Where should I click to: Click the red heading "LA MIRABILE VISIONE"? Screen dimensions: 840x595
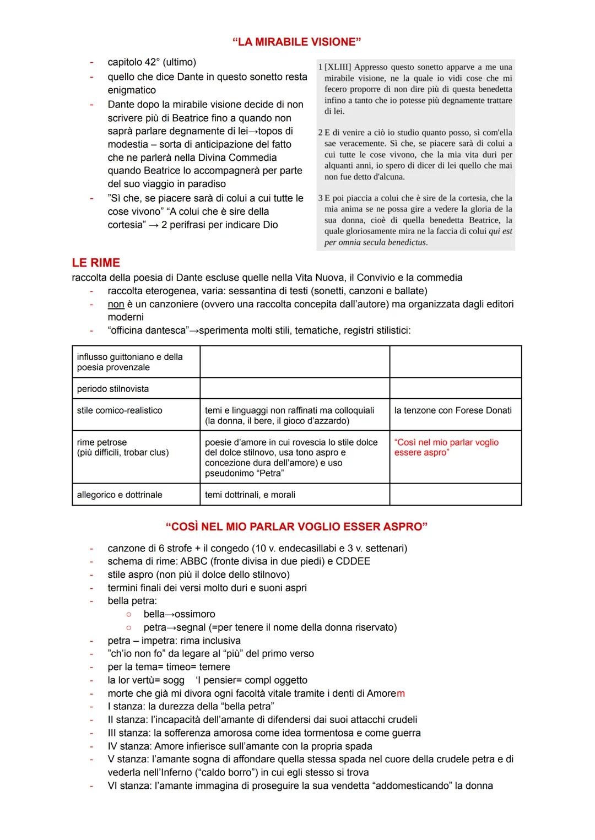297,42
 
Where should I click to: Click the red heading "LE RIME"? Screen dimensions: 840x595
96,263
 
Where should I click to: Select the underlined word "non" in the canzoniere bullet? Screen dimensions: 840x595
116,304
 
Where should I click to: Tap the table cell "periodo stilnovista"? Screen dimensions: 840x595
113,389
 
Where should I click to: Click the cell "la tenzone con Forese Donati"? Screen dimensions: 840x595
453,410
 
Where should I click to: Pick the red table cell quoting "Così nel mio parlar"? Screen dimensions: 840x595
446,447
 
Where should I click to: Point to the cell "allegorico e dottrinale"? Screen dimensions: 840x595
120,495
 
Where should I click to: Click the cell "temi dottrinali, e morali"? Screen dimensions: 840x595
250,495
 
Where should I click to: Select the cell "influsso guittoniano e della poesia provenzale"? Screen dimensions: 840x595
130,362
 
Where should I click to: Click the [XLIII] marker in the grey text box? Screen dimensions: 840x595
338,67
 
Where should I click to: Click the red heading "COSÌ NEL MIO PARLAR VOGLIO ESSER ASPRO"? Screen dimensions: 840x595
296,527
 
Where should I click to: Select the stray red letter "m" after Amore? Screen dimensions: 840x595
401,693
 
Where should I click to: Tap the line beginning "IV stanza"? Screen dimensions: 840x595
240,746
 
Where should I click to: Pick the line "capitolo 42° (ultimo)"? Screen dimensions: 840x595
152,62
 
